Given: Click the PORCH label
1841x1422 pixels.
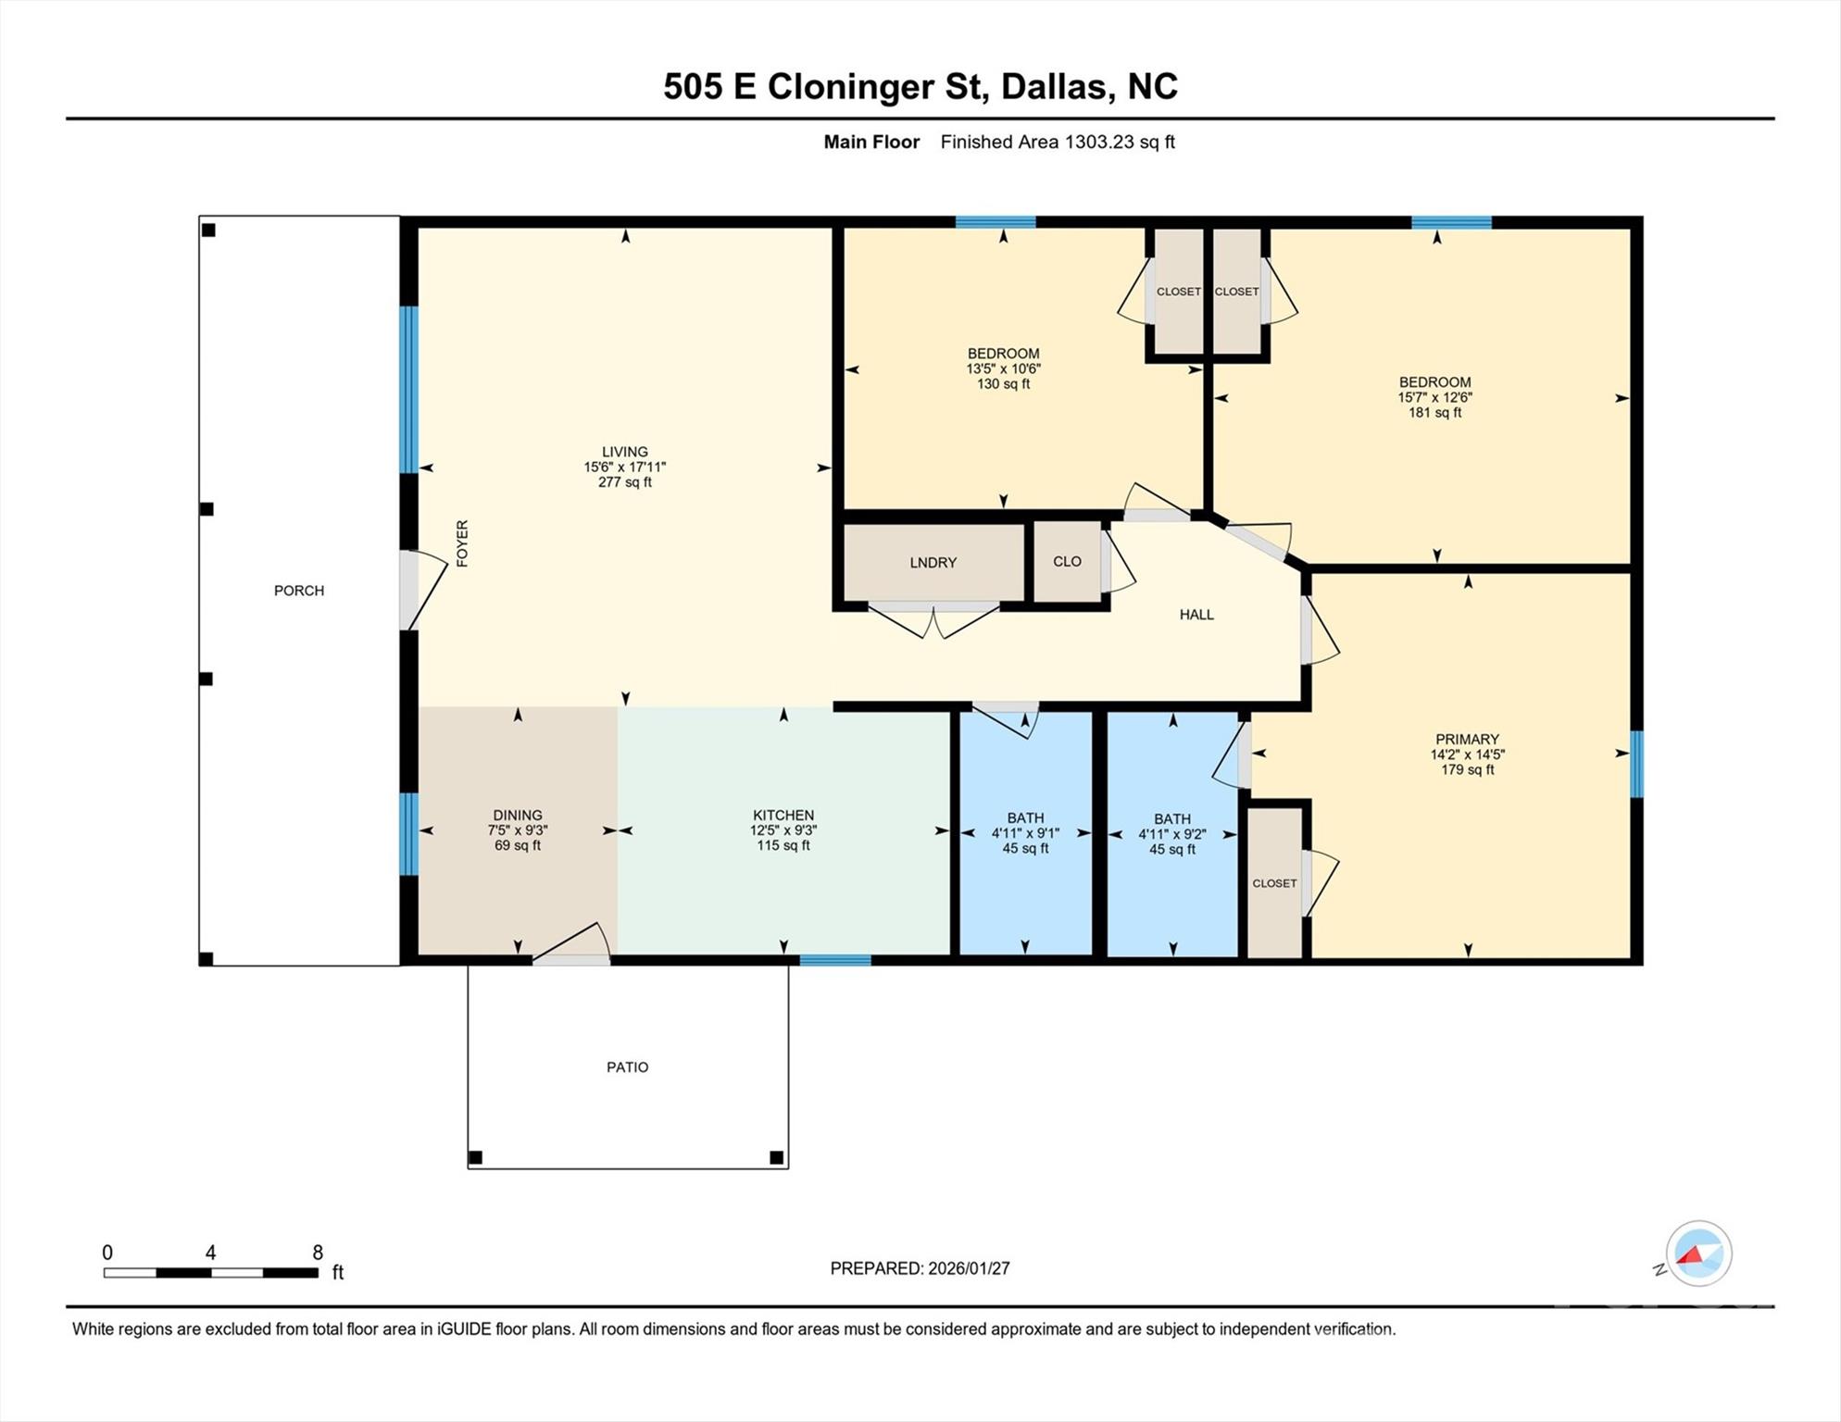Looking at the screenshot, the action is coord(298,591).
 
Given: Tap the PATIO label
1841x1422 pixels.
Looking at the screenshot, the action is coord(627,1067).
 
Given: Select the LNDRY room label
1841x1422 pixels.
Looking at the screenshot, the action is coord(933,563).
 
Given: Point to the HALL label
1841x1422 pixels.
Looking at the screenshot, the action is coord(1196,615).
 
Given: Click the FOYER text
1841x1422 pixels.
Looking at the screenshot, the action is coord(462,543).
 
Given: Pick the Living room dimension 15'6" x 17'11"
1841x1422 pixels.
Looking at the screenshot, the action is coord(625,468).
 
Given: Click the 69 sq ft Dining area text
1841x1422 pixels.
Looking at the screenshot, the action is coord(518,845).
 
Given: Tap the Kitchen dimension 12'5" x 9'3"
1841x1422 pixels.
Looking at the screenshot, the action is coord(783,830).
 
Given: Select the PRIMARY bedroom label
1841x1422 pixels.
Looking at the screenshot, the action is coord(1467,739).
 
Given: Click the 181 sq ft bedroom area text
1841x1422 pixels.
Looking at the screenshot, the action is coord(1435,413).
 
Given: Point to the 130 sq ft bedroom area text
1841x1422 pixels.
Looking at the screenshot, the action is coord(1004,384).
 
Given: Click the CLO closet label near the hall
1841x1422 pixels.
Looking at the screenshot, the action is coord(1067,562).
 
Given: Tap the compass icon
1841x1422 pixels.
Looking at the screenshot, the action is coord(1698,1254).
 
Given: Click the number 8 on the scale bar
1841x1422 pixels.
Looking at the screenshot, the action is coord(318,1253).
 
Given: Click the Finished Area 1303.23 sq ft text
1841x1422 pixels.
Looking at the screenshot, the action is coord(1058,142).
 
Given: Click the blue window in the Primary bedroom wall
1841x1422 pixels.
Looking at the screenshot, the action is coord(1636,764).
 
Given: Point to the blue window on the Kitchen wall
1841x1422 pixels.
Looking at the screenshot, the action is coord(835,960).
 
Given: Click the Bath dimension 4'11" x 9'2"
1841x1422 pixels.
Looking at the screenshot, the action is coord(1172,834).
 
